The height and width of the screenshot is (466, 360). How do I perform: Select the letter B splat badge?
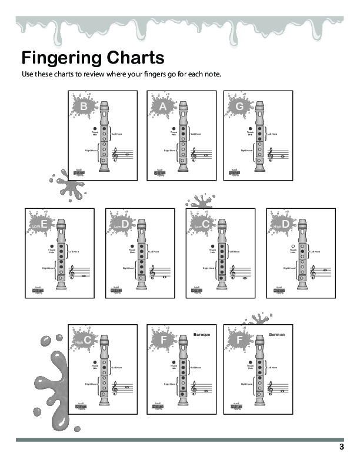(x=85, y=106)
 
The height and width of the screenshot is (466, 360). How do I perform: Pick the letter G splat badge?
(x=239, y=106)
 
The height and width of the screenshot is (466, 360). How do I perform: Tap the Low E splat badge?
(x=41, y=225)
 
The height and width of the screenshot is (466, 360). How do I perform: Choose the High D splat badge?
(x=284, y=225)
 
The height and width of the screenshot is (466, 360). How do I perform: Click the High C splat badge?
(x=85, y=340)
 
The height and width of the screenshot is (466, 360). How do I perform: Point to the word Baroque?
(x=202, y=334)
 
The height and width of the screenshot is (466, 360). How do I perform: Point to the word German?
(x=276, y=334)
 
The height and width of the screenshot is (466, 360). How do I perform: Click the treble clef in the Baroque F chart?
(x=193, y=389)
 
